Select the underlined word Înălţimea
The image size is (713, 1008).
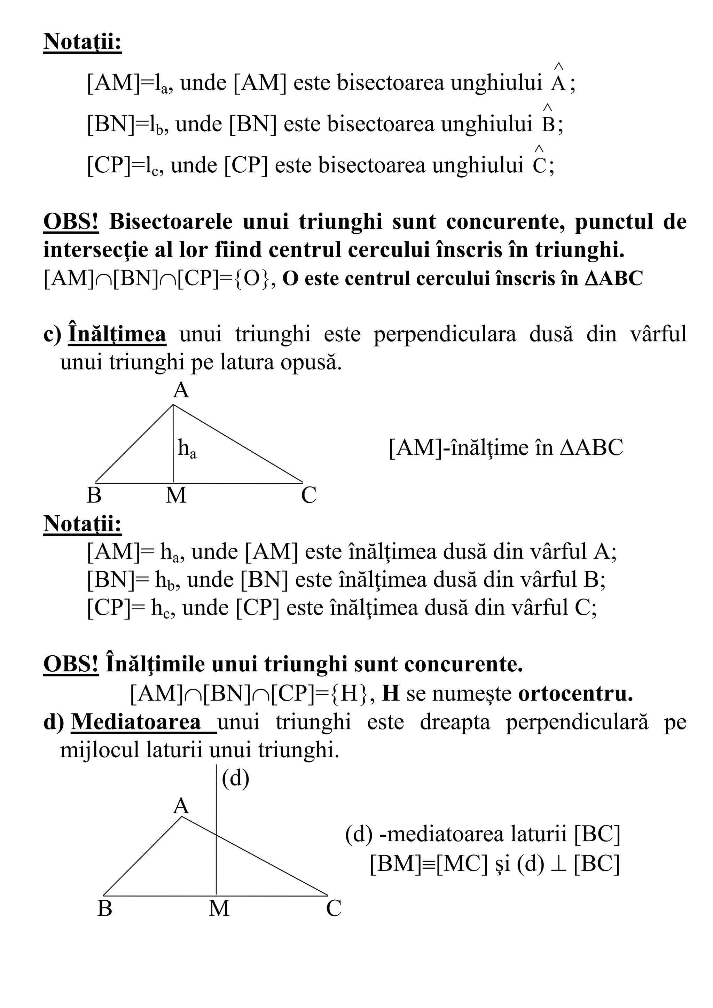pyautogui.click(x=117, y=335)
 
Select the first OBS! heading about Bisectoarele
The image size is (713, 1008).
pyautogui.click(x=71, y=222)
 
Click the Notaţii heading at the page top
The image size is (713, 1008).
pyautogui.click(x=83, y=42)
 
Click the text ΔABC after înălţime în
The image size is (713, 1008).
pyautogui.click(x=591, y=448)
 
